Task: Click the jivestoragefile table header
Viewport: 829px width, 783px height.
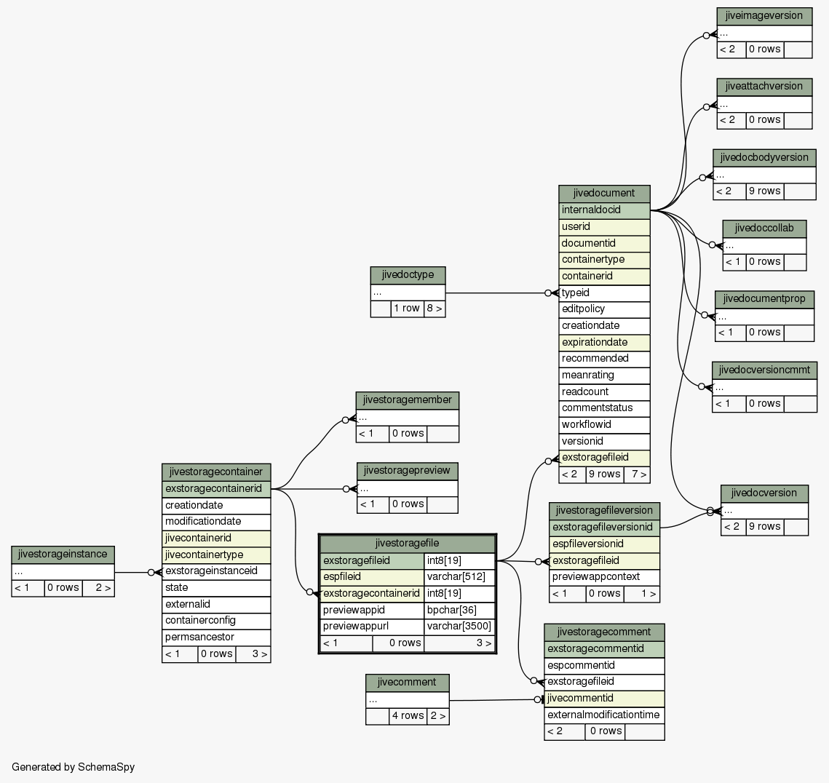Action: click(x=407, y=544)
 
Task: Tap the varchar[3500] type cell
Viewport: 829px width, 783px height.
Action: click(x=459, y=627)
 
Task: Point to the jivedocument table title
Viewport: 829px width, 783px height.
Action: click(x=604, y=193)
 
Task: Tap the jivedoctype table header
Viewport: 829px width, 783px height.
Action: click(x=408, y=275)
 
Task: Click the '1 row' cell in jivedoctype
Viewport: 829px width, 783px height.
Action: click(x=407, y=309)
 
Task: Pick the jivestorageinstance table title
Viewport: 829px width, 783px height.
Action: click(x=63, y=555)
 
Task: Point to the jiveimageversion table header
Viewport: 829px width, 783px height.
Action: click(x=764, y=16)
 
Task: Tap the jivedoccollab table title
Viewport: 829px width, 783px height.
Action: click(x=764, y=228)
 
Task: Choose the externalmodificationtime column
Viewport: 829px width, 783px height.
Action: click(x=604, y=715)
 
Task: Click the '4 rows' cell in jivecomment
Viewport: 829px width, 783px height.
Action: click(x=408, y=716)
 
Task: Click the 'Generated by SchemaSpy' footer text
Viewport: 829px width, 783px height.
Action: click(x=73, y=767)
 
